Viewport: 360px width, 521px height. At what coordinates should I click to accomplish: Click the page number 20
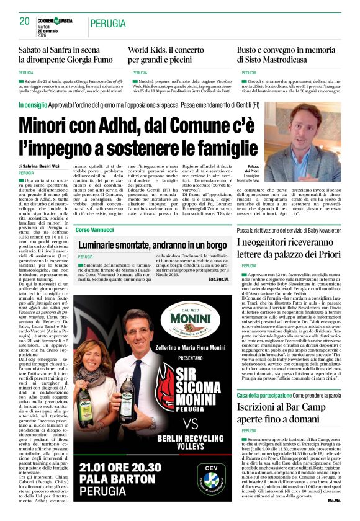click(25, 21)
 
